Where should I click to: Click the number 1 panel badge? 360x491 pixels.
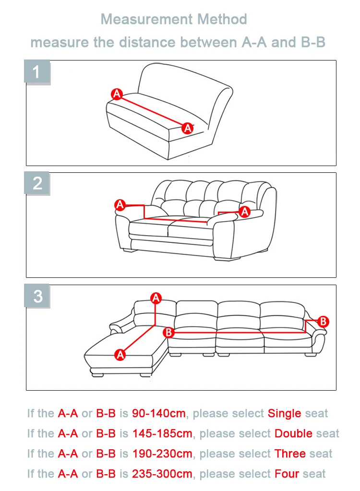[37, 72]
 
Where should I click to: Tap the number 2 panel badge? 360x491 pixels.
[37, 183]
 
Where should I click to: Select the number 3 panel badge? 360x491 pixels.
[37, 296]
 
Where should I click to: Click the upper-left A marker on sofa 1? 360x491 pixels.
[117, 94]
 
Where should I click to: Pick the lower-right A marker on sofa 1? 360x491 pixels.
[188, 128]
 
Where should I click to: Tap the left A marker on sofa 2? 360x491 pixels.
[120, 205]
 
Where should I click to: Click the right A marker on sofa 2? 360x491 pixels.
[244, 212]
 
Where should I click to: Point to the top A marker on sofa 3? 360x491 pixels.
[156, 298]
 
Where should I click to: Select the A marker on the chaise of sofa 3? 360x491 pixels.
[120, 355]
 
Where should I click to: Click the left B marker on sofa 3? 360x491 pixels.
[168, 332]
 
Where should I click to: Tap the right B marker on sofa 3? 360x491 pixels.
[323, 322]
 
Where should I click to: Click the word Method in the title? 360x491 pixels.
[222, 19]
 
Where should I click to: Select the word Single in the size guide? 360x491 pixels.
[284, 414]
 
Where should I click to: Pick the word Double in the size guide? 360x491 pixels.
[293, 433]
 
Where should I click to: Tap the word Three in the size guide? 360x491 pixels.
[290, 454]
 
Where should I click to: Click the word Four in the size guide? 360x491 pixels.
[287, 473]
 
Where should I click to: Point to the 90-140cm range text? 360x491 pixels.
[159, 413]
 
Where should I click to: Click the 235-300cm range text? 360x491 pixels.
[162, 473]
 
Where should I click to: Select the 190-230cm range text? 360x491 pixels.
[162, 454]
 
